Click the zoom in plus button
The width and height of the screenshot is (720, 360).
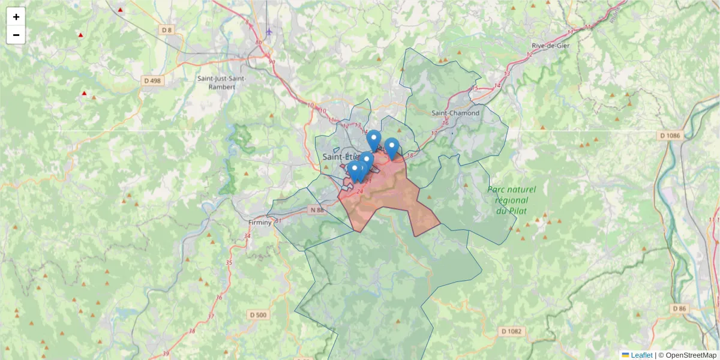[x=16, y=17]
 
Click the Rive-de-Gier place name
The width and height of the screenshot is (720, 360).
[x=550, y=46]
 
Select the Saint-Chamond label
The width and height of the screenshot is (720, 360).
[x=456, y=113]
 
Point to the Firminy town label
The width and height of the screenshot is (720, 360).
[x=260, y=222]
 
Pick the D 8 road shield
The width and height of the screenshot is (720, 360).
[x=166, y=30]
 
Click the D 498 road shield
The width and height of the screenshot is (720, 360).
[x=152, y=80]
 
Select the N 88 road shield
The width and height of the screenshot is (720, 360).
[x=317, y=210]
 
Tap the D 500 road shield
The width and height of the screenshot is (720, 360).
[x=257, y=315]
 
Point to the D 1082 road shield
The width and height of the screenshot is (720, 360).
[x=512, y=331]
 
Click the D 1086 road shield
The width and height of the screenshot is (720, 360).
[x=670, y=136]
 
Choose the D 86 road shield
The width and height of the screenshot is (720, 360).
[x=679, y=308]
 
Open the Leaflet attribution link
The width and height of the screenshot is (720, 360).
[x=641, y=355]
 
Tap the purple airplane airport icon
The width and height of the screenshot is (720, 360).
[x=269, y=31]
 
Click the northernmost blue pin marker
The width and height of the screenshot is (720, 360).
[x=374, y=140]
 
